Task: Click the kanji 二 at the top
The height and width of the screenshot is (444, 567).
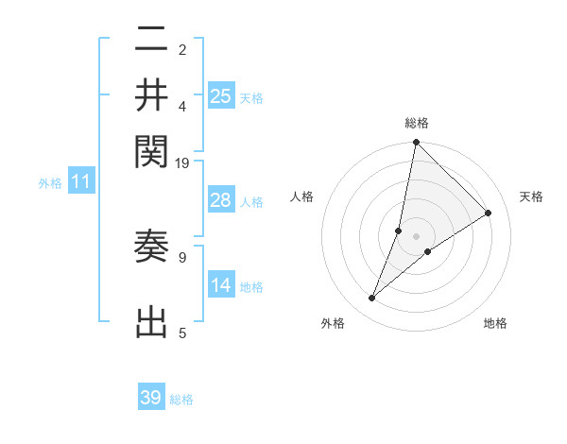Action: (151, 40)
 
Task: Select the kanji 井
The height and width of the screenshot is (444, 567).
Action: (151, 94)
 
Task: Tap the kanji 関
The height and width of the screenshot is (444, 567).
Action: (151, 149)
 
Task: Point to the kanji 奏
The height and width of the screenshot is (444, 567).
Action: (151, 248)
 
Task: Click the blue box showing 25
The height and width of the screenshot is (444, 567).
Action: (221, 95)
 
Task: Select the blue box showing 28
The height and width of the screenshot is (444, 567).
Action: (221, 200)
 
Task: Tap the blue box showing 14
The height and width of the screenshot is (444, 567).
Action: (221, 285)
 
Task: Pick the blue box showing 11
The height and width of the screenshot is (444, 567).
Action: (80, 182)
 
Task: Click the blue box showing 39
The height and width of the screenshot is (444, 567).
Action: (151, 398)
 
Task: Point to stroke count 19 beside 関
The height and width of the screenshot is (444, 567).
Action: (182, 162)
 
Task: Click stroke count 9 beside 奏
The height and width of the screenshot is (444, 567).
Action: (182, 256)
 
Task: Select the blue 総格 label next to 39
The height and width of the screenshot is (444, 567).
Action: (181, 400)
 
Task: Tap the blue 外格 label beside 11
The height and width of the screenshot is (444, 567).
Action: (50, 184)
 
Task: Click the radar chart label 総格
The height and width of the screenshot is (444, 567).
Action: (417, 123)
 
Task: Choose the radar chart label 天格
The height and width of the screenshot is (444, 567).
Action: (532, 196)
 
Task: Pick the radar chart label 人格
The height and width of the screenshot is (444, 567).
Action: (302, 196)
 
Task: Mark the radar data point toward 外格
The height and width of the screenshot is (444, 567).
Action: (372, 299)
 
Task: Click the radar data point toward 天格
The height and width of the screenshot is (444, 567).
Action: (489, 213)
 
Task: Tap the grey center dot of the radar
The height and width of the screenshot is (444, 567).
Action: (417, 236)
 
